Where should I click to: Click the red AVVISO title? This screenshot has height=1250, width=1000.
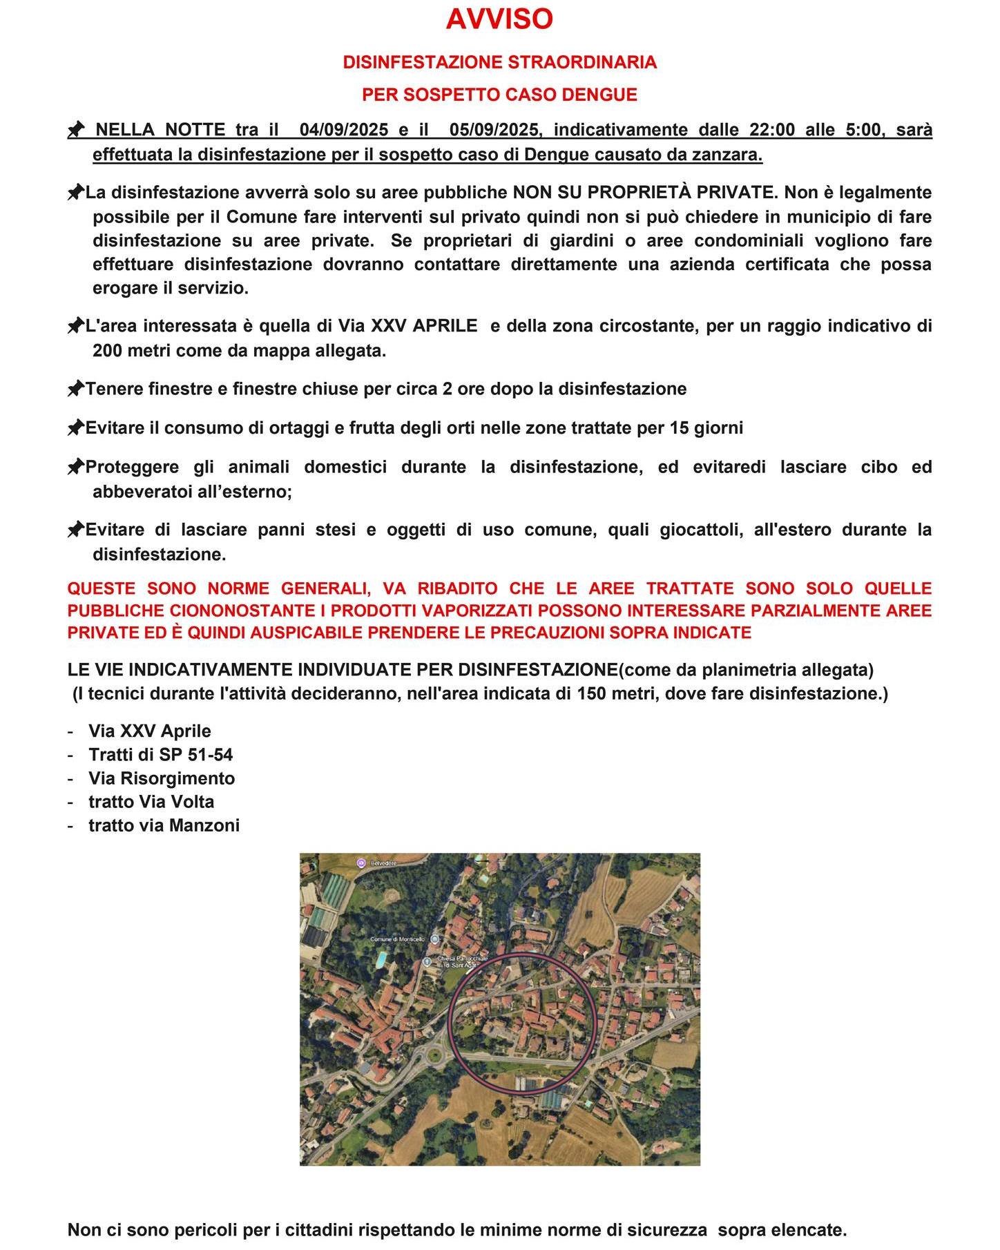click(499, 19)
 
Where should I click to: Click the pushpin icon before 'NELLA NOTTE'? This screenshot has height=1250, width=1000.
click(76, 130)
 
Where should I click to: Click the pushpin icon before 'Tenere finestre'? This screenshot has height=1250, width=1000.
click(75, 390)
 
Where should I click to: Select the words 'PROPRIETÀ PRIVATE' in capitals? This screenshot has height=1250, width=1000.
click(691, 193)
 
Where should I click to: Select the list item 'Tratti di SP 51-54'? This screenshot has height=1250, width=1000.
click(160, 755)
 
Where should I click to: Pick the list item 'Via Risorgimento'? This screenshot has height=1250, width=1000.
click(162, 778)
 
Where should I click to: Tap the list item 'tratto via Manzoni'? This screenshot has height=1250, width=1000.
click(164, 825)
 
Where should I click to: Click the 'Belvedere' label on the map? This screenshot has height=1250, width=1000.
click(384, 863)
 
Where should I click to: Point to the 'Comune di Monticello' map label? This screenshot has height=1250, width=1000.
click(397, 939)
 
